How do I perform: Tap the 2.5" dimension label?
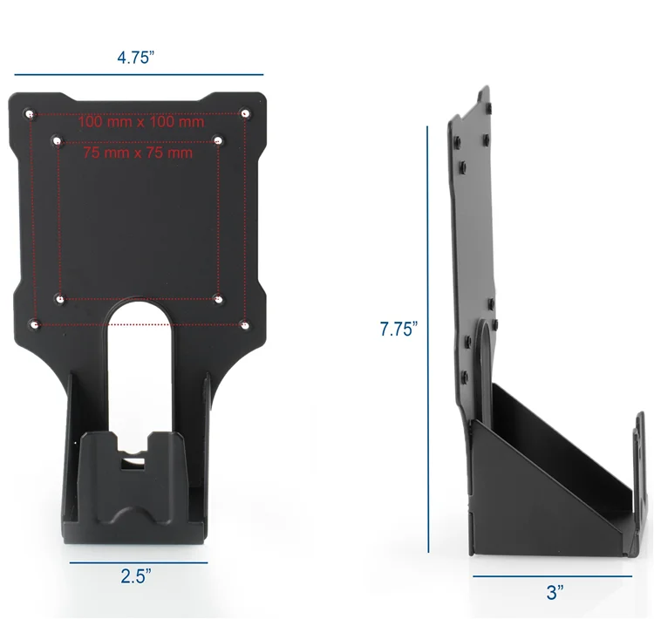coord(138,576)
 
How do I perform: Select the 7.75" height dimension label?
coord(399,330)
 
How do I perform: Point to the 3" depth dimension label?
coord(554,593)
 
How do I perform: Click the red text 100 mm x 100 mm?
coord(140,122)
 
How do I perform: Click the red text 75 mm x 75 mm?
coord(138,153)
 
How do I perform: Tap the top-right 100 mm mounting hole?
coord(245,113)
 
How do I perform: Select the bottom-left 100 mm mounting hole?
coord(34,324)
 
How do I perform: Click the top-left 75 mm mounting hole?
coord(58,139)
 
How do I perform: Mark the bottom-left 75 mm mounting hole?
coord(59,298)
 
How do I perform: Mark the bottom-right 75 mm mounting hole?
coord(218,299)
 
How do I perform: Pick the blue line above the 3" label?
coord(552,575)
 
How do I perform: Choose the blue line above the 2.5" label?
coord(138,562)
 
